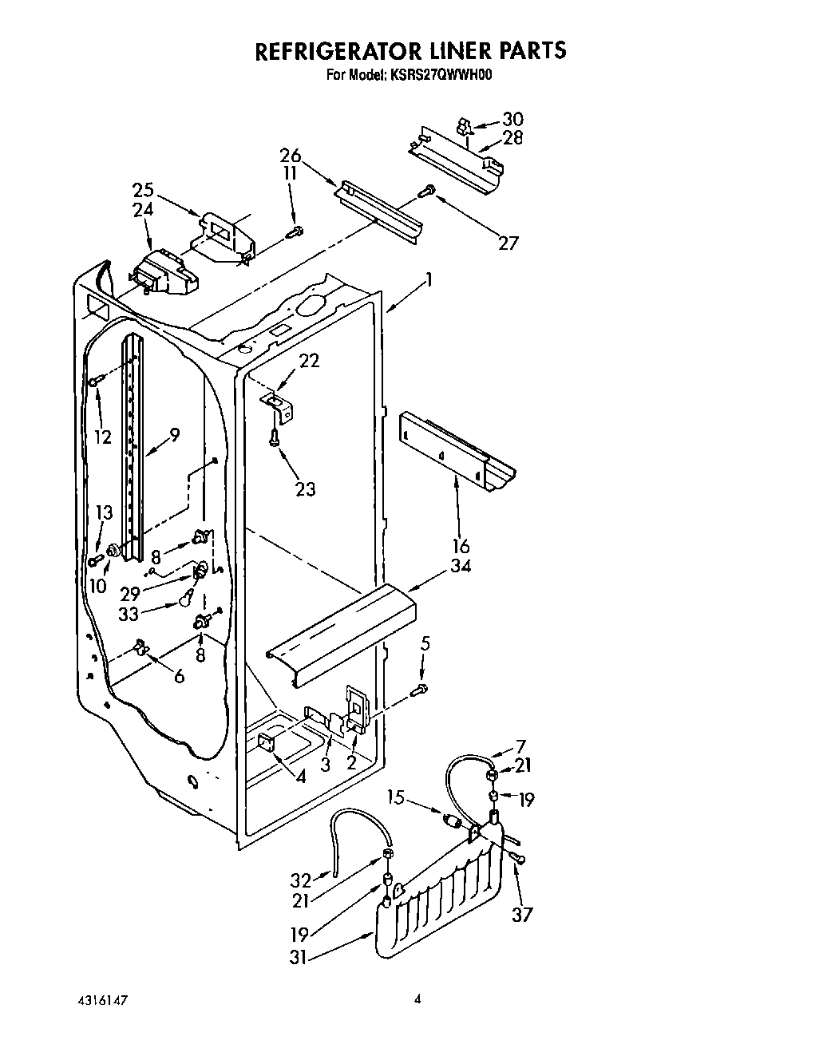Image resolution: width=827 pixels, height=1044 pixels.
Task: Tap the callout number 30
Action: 512,120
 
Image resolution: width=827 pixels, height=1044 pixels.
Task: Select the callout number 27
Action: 508,243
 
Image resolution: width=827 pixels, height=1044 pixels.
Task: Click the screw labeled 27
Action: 428,190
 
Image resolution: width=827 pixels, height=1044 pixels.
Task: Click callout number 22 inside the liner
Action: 309,361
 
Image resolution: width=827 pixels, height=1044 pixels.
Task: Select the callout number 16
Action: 461,547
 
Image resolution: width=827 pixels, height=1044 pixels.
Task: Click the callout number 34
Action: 461,566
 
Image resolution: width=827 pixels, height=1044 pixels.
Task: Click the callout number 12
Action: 101,437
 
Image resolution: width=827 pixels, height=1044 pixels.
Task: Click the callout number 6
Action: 179,675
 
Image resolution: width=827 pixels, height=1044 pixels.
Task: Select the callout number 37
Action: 523,913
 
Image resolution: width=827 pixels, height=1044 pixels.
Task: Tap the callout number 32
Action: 301,880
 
